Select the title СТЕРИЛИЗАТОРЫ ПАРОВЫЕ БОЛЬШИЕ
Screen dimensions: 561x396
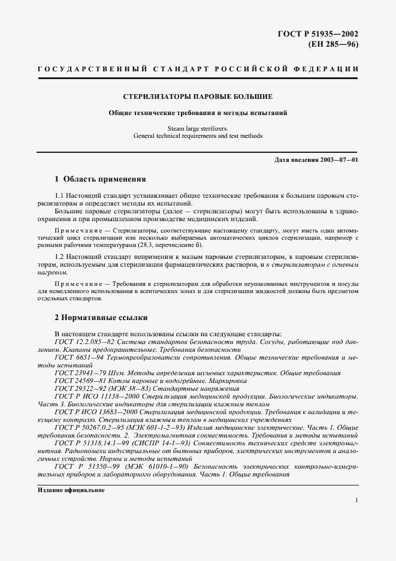(x=198, y=96)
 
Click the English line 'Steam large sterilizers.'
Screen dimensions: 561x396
(x=198, y=128)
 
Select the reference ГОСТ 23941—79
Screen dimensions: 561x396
(x=77, y=373)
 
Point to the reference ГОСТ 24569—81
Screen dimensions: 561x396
(x=77, y=381)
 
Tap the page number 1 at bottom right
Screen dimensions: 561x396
(x=356, y=500)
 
